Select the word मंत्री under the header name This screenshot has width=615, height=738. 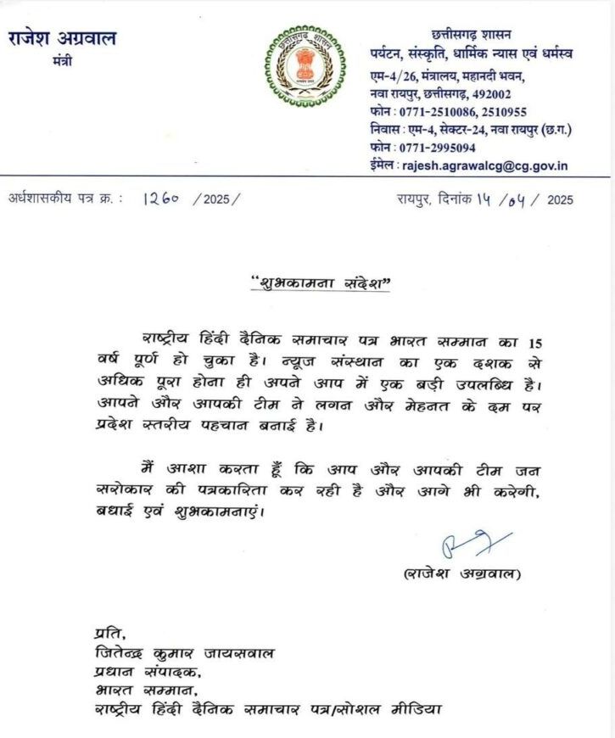click(62, 61)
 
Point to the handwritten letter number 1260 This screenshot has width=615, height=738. click(160, 199)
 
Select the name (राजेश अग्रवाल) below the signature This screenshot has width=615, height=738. click(463, 574)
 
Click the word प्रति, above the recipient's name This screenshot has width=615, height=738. click(108, 634)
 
